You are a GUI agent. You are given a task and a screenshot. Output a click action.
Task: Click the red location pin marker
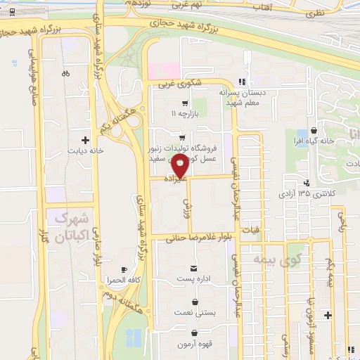(x=180, y=167)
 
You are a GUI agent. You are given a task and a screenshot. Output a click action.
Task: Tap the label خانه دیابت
(x=85, y=150)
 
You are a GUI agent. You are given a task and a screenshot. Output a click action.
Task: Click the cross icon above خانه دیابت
(x=86, y=139)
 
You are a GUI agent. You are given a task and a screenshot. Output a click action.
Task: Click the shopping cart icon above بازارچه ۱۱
(x=185, y=102)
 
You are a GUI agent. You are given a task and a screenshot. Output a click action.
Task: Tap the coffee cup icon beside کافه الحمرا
(x=124, y=269)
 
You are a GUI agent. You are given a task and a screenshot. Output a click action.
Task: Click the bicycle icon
(x=65, y=72)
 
